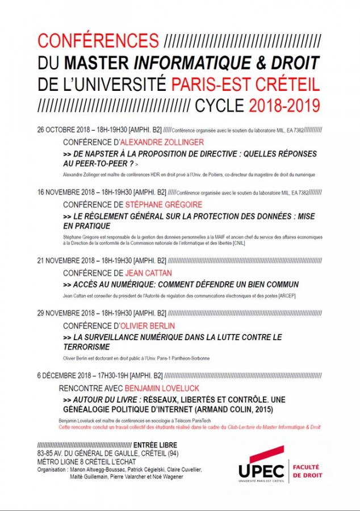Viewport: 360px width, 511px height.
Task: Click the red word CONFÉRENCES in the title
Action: click(x=98, y=41)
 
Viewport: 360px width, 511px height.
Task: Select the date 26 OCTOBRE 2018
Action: click(x=65, y=129)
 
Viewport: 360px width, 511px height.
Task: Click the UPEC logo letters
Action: click(x=261, y=471)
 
